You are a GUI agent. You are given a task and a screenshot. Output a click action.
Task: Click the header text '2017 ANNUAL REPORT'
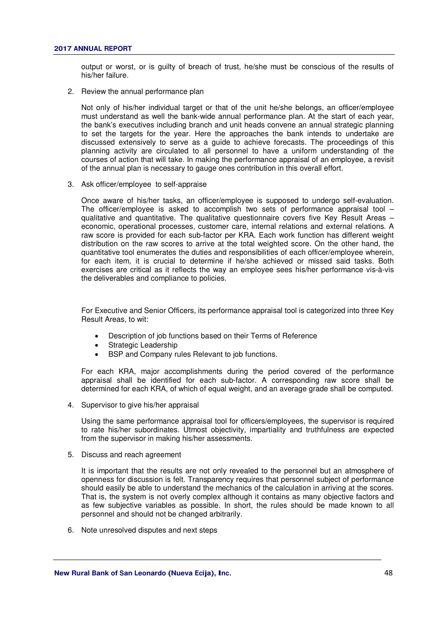pos(93,48)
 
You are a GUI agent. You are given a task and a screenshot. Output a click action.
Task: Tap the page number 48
pos(388,573)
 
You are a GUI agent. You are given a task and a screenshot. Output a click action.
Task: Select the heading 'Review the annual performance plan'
pos(142,91)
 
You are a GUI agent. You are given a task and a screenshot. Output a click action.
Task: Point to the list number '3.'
pos(71,184)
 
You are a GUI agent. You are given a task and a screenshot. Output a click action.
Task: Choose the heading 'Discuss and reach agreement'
pos(131,454)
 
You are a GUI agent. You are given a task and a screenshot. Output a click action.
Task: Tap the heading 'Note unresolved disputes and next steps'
pos(149,530)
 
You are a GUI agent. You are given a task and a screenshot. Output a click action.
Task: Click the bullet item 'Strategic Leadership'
pos(143,345)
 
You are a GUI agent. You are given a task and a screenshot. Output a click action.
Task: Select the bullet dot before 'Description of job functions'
pos(96,336)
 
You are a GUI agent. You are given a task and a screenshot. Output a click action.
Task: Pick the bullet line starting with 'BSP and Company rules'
pos(193,354)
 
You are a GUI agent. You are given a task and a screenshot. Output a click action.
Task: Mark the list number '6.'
pos(71,530)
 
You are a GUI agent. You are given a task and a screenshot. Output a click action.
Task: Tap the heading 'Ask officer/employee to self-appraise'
pos(144,184)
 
